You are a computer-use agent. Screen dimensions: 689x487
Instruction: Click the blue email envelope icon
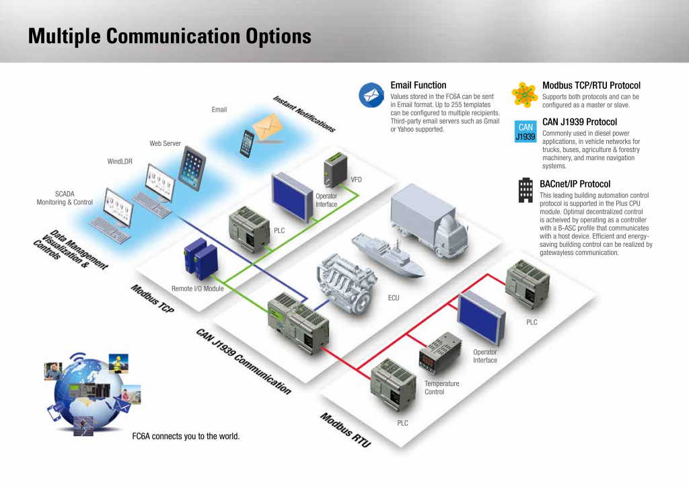click(371, 95)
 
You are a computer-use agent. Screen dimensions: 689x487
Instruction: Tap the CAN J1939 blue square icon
click(525, 132)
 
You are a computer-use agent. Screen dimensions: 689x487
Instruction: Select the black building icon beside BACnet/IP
click(525, 190)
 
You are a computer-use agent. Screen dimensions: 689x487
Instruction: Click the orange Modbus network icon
click(525, 95)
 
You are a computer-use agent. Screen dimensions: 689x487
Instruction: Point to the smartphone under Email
click(247, 143)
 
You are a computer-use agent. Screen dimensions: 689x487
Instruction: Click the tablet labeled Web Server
click(192, 168)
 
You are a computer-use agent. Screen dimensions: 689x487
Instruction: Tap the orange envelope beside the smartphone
click(267, 126)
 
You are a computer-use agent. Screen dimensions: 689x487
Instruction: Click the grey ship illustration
click(388, 256)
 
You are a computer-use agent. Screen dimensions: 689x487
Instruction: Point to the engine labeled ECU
click(347, 284)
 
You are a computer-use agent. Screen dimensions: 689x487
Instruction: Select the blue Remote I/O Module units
click(201, 259)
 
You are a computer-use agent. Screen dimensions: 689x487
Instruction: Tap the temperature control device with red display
click(440, 353)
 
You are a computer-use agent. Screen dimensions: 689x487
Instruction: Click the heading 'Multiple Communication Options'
click(170, 36)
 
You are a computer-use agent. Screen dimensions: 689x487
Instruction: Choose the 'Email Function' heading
click(419, 85)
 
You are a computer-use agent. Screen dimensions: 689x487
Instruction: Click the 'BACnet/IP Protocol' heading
click(575, 184)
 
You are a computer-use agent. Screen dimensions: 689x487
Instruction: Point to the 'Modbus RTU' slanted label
click(345, 429)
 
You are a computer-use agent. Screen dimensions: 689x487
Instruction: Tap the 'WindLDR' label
click(120, 161)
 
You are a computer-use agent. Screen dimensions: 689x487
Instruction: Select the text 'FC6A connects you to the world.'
click(186, 436)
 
